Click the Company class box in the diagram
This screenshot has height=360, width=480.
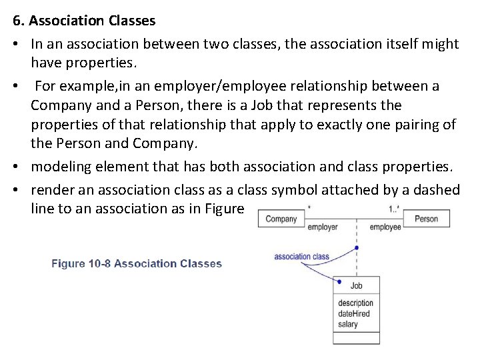(281, 219)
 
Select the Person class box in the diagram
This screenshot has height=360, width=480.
(426, 219)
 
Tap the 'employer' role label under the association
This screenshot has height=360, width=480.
(322, 227)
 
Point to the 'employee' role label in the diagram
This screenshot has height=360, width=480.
(385, 227)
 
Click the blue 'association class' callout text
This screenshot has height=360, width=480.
(301, 256)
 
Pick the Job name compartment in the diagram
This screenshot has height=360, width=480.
(357, 285)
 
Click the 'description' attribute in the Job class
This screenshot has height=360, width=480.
(355, 303)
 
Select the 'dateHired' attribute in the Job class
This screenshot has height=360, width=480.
(354, 314)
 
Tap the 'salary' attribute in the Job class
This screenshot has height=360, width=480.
(348, 325)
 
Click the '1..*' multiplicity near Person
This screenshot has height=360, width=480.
(395, 209)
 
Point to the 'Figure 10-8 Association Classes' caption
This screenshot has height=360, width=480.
(137, 263)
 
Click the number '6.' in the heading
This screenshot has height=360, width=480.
(19, 21)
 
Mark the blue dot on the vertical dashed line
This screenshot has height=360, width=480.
(357, 248)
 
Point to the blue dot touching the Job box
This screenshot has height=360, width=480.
(340, 281)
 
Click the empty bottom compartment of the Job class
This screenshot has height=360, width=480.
(357, 337)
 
